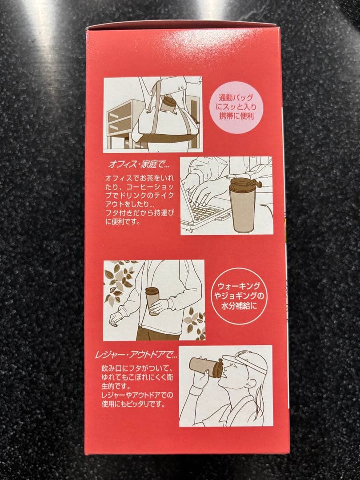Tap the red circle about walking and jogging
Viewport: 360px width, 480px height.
coord(239,296)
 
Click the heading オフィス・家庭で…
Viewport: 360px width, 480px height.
coord(139,164)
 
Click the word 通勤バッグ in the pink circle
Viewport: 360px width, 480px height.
coord(236,98)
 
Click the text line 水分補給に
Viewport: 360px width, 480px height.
coord(239,306)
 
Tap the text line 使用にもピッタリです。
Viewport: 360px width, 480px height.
coord(133,404)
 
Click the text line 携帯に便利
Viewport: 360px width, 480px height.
coord(236,116)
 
